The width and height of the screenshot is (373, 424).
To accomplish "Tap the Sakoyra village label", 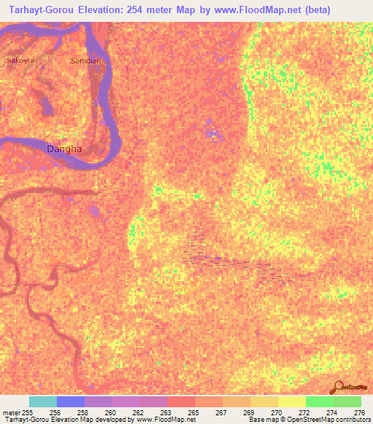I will click(x=20, y=60).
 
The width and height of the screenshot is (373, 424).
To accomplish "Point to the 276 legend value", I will click(x=358, y=413).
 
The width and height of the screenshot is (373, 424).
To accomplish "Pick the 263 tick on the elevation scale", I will click(x=165, y=413).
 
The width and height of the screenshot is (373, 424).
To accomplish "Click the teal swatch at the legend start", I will click(x=43, y=401).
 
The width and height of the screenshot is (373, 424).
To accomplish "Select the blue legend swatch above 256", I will click(x=71, y=401).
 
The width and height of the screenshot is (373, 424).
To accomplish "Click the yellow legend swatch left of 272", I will click(x=291, y=401).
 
